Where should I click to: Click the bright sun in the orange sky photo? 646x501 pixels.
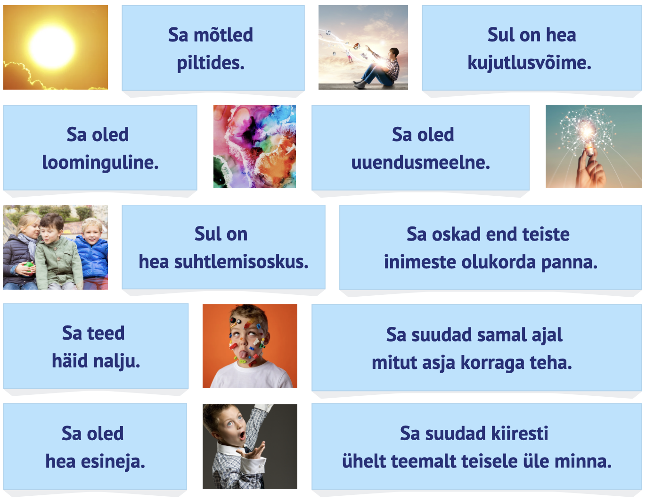click(52, 47)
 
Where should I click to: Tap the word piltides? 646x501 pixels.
click(211, 63)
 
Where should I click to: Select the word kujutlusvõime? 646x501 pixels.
click(529, 63)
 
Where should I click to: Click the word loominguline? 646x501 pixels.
click(100, 163)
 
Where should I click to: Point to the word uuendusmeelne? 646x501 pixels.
click(420, 163)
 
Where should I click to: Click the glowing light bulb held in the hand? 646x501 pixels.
click(588, 134)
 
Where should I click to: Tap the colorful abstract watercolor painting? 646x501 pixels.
click(254, 146)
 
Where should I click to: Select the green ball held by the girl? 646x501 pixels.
click(29, 266)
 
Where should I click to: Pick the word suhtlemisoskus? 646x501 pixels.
click(241, 262)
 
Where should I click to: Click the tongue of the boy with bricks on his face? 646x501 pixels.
click(243, 355)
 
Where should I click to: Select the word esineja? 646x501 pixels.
click(113, 462)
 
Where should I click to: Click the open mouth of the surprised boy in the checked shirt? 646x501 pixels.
click(242, 435)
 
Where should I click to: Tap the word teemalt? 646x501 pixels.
click(425, 462)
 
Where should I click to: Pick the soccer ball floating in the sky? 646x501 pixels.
click(328, 33)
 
